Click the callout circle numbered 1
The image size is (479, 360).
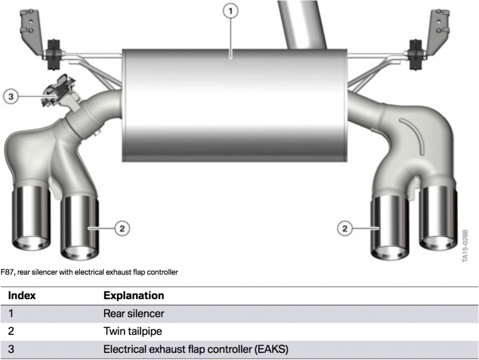(x=231, y=12)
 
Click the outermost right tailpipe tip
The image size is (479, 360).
(x=438, y=218)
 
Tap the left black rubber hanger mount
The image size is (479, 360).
(x=52, y=55)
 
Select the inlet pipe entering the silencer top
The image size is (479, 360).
(x=303, y=23)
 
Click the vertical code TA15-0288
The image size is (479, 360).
(x=465, y=245)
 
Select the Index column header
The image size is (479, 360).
(x=22, y=295)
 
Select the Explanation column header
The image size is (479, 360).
(x=134, y=295)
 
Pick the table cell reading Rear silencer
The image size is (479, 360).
(x=134, y=313)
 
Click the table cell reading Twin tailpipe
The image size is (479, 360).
(x=132, y=331)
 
